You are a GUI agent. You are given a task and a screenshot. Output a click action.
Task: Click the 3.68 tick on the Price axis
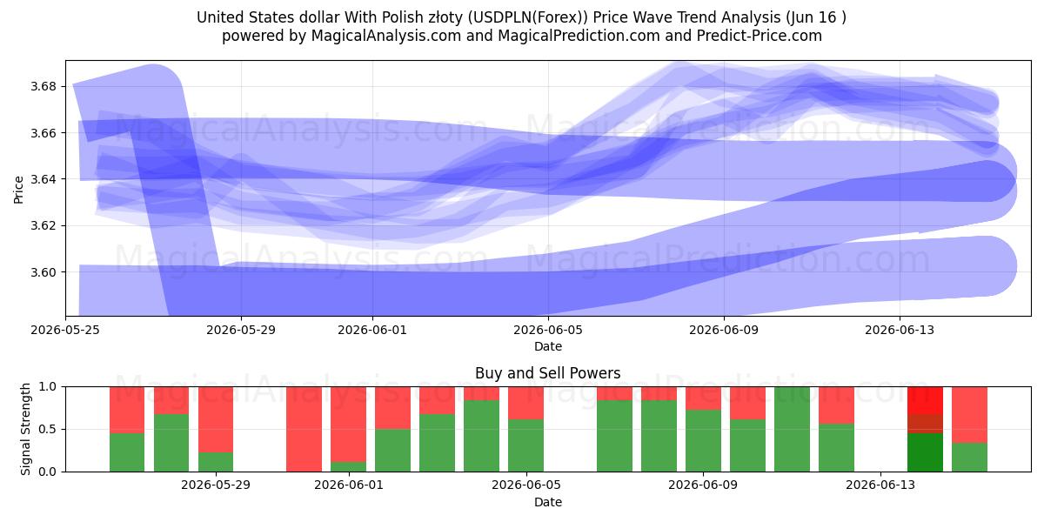pyautogui.click(x=43, y=87)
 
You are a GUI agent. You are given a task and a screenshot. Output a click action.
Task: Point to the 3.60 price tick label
pyautogui.click(x=43, y=272)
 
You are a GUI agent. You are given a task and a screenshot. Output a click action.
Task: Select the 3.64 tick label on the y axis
pyautogui.click(x=43, y=179)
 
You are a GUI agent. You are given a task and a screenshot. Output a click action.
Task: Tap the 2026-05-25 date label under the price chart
pyautogui.click(x=65, y=330)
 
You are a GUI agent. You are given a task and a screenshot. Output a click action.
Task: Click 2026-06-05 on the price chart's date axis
pyautogui.click(x=548, y=330)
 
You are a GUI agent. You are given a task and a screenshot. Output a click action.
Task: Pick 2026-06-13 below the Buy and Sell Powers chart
pyautogui.click(x=880, y=485)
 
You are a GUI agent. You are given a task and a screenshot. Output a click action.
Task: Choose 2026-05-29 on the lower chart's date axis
pyautogui.click(x=216, y=485)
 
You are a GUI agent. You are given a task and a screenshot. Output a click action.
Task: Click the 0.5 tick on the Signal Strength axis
pyautogui.click(x=47, y=429)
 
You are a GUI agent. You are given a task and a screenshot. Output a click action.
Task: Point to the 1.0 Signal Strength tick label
pyautogui.click(x=47, y=387)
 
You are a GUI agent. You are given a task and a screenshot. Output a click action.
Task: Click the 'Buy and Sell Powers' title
pyautogui.click(x=547, y=373)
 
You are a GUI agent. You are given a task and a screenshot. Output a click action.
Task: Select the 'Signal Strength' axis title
pyautogui.click(x=25, y=429)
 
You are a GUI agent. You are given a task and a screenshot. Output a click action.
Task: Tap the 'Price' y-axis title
pyautogui.click(x=18, y=191)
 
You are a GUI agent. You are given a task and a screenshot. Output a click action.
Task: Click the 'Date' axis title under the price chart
pyautogui.click(x=548, y=347)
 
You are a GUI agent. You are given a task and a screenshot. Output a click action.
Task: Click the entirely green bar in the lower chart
pyautogui.click(x=792, y=429)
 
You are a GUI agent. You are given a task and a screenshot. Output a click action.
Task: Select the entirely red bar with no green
pyautogui.click(x=304, y=429)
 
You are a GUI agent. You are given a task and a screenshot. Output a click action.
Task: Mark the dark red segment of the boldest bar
pyautogui.click(x=925, y=425)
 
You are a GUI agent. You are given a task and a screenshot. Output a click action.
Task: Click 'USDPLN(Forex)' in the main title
pyautogui.click(x=527, y=17)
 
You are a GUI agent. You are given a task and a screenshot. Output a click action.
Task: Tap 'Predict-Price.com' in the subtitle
pyautogui.click(x=760, y=36)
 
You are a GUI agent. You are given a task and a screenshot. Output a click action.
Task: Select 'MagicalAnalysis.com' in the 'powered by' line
pyautogui.click(x=386, y=36)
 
